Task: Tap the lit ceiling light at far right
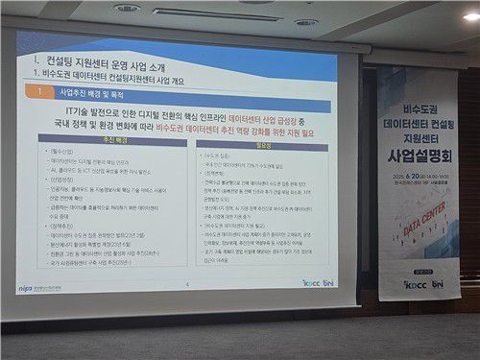(470, 17)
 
